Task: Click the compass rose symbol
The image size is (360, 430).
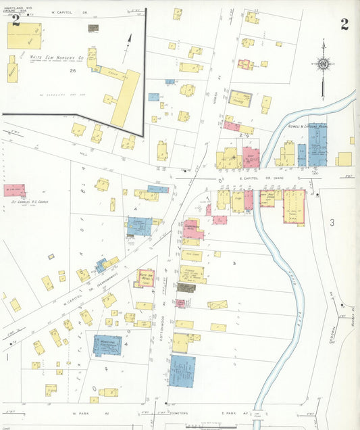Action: pyautogui.click(x=323, y=64)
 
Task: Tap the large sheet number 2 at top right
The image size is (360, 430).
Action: pyautogui.click(x=344, y=25)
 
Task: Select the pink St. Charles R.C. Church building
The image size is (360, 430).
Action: pyautogui.click(x=14, y=190)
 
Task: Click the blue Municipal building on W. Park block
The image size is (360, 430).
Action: pyautogui.click(x=107, y=345)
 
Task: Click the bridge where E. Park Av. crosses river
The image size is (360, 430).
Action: pyautogui.click(x=257, y=412)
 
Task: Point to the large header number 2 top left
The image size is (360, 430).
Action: pyautogui.click(x=16, y=20)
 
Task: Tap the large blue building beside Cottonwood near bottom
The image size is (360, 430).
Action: pyautogui.click(x=182, y=371)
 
